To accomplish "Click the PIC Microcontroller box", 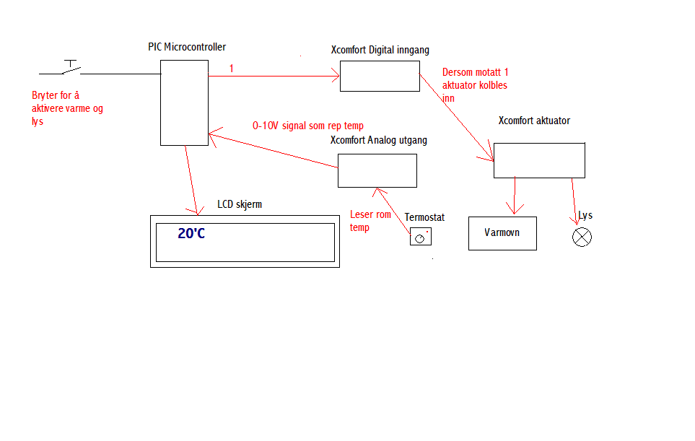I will click(184, 102).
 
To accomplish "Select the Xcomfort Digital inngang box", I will click(380, 76).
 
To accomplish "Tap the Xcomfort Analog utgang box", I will click(377, 170).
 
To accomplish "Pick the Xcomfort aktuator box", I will click(539, 160).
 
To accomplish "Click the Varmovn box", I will click(502, 233).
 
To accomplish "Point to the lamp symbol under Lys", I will click(582, 237).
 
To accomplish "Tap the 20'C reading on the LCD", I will click(191, 234).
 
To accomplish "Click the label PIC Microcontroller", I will click(187, 47).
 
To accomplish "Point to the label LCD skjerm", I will click(240, 204).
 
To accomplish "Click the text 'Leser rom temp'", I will click(370, 221).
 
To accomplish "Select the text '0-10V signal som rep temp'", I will click(307, 126).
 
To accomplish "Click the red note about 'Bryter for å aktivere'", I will click(68, 108).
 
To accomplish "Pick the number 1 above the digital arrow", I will click(231, 69).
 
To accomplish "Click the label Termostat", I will click(424, 217).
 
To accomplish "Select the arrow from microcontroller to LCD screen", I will click(191, 180).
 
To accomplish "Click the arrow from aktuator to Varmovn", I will click(514, 196).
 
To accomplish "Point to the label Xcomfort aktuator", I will click(534, 121).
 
